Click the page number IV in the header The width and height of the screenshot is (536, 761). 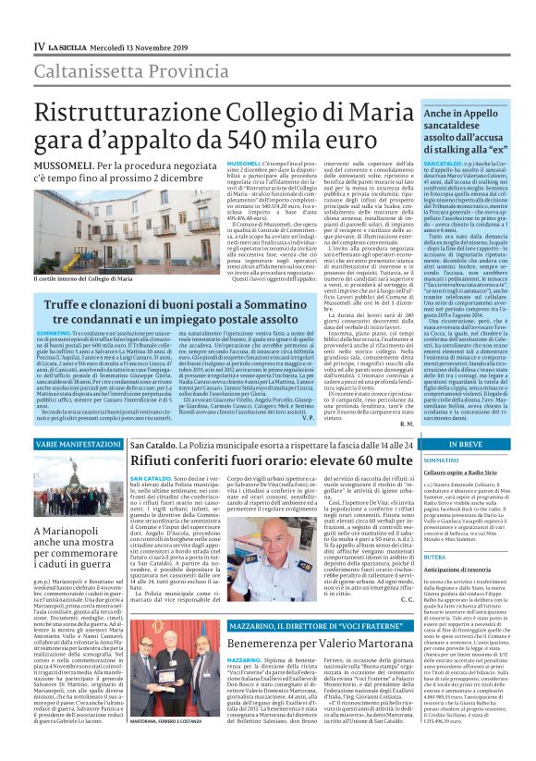click(39, 45)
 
